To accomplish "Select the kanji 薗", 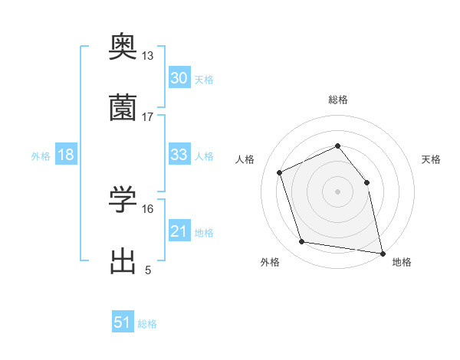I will click(x=123, y=107).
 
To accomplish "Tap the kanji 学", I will click(x=123, y=200).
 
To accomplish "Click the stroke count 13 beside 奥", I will click(x=148, y=56).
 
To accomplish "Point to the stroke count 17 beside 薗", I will click(x=148, y=117).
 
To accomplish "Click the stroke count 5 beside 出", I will click(x=148, y=270).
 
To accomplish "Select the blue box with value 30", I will click(x=179, y=78).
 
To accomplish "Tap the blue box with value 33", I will click(x=179, y=155).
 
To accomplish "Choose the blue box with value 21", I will click(x=179, y=231).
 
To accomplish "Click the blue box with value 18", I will click(x=66, y=155).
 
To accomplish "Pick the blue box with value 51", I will click(x=123, y=322).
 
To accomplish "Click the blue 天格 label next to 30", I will click(x=204, y=80).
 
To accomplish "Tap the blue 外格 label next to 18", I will click(x=41, y=156).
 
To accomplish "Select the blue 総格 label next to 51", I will click(x=147, y=324).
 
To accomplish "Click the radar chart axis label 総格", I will click(x=337, y=100).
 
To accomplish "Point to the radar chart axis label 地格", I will click(x=402, y=262).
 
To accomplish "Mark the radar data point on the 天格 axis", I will click(x=366, y=182).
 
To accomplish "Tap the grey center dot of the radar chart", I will click(x=337, y=191).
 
